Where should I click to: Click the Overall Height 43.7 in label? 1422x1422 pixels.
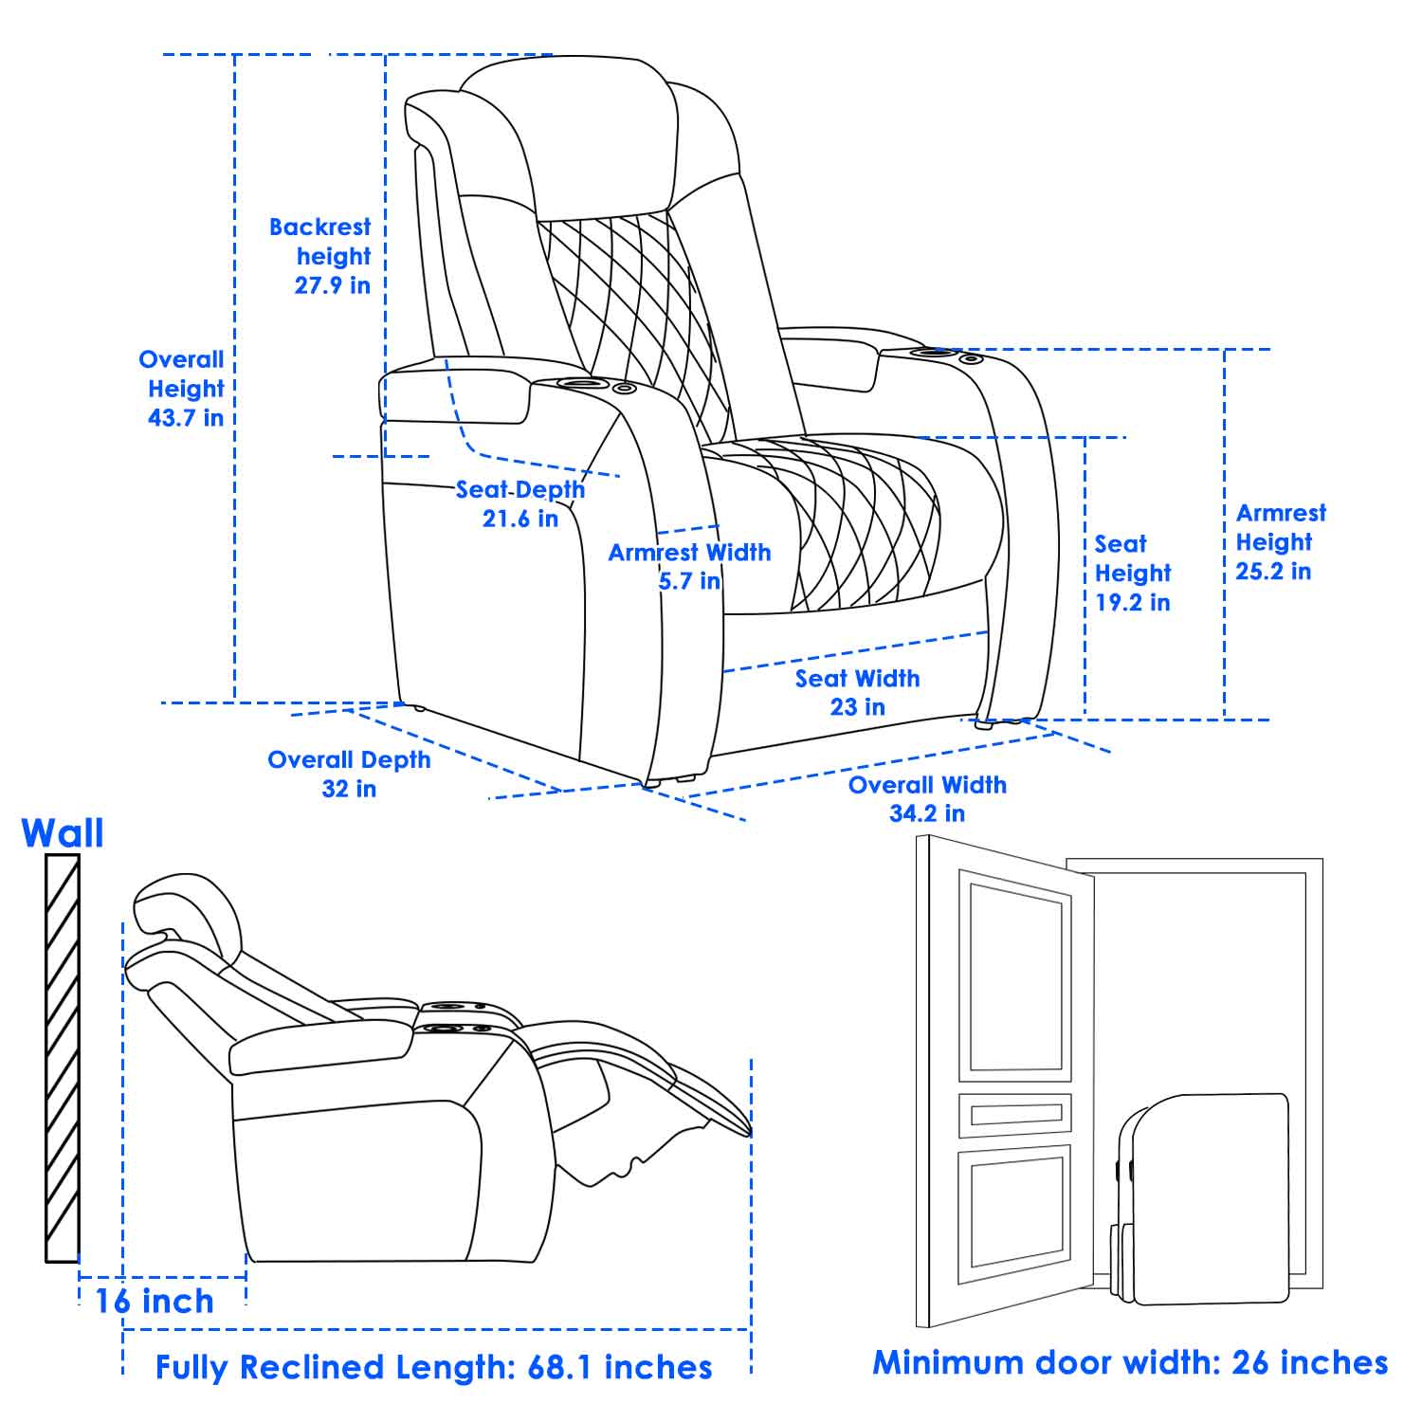coord(185,388)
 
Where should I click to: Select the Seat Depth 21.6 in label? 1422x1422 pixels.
coord(520,503)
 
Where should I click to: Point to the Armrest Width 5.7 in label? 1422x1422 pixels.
coord(689,566)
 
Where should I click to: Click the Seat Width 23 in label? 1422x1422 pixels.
coord(857,692)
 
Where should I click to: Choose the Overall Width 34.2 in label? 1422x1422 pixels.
coord(927,798)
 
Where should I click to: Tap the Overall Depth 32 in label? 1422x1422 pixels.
coord(349,774)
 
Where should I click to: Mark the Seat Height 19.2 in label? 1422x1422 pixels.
coord(1133,573)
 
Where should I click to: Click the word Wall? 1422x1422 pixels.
coord(63,833)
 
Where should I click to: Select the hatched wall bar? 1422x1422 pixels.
coord(63,1057)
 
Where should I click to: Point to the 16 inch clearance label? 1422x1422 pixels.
coord(155,1301)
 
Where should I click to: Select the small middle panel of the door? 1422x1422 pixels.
coord(1014,1115)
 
